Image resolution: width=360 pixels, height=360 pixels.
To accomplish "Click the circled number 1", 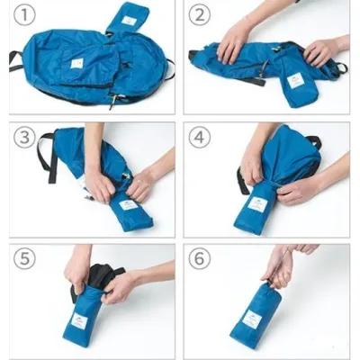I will click(x=26, y=18).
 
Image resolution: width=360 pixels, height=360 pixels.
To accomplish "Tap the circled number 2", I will click(x=201, y=18).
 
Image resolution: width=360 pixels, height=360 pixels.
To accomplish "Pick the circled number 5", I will click(x=26, y=260).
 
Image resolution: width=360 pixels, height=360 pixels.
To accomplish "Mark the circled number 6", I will click(x=201, y=260).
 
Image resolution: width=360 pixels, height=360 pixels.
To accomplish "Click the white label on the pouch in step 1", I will click(x=130, y=20).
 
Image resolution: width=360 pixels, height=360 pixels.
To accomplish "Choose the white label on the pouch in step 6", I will click(x=255, y=319).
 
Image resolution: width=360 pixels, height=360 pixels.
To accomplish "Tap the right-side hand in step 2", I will click(x=319, y=52).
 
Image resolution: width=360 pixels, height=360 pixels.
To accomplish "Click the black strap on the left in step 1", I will click(x=15, y=60).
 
